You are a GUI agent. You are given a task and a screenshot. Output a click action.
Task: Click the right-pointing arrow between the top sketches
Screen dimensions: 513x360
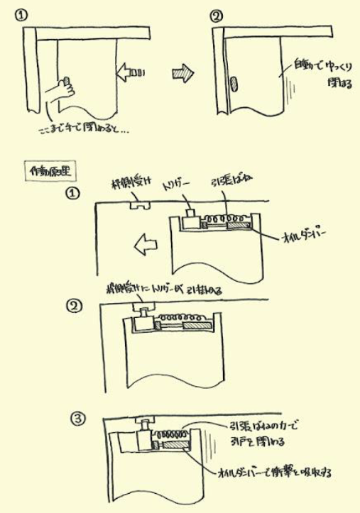tap(184, 71)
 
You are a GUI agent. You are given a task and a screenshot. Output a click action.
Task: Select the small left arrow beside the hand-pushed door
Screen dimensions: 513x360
tap(130, 72)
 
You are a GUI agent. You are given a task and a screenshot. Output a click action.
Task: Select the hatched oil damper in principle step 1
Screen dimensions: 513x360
tap(238, 226)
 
